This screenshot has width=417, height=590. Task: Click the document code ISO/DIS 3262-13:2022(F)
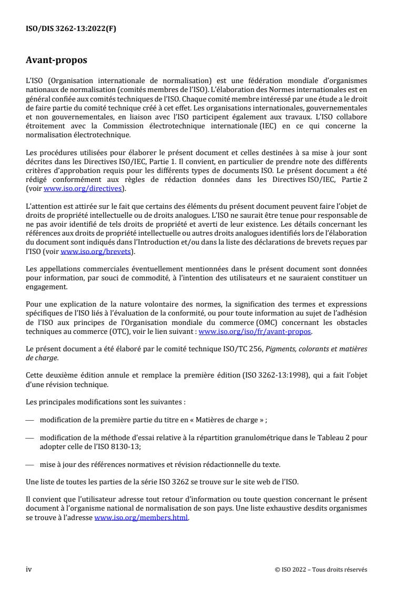click(x=70, y=29)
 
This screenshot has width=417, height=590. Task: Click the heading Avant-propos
click(x=56, y=60)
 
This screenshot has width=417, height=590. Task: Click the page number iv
click(x=29, y=569)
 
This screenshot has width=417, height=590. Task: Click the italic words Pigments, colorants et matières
click(x=326, y=349)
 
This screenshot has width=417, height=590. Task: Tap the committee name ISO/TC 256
click(x=245, y=349)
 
